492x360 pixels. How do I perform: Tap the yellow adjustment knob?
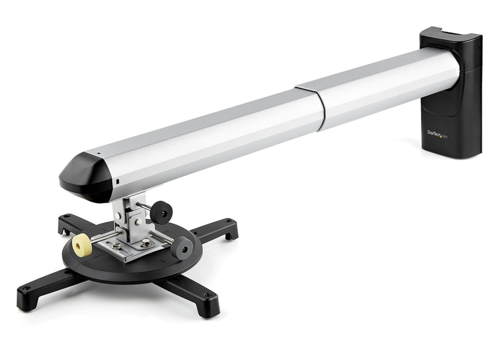[x=82, y=245]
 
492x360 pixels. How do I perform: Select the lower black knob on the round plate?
[x=183, y=249]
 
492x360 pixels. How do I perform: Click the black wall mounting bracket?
[x=451, y=93]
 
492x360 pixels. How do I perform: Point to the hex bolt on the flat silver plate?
[x=146, y=242]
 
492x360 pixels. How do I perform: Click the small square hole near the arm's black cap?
[x=117, y=182]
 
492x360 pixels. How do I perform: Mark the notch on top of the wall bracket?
[x=446, y=33]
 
